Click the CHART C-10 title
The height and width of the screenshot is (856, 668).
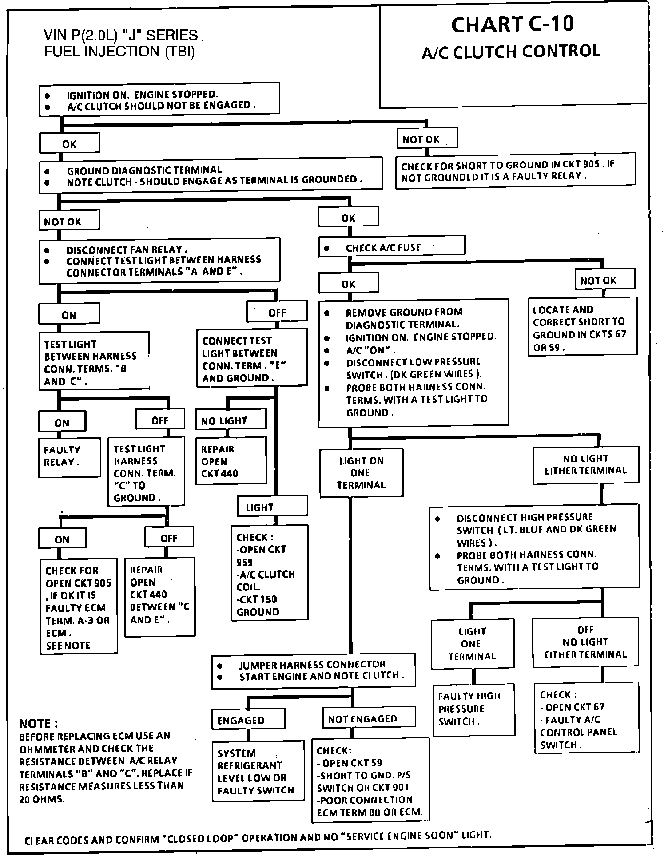click(513, 24)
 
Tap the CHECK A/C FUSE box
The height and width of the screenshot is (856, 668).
click(391, 247)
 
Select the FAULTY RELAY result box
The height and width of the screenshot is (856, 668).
click(70, 457)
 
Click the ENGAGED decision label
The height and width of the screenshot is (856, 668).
click(248, 720)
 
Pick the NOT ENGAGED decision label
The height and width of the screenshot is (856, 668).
click(369, 719)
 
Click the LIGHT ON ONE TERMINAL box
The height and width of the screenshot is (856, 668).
click(361, 473)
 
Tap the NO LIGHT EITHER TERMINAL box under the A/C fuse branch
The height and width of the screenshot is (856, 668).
click(585, 465)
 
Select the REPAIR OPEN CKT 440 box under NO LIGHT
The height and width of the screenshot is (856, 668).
click(231, 461)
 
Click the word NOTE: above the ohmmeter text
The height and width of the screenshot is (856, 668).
click(39, 724)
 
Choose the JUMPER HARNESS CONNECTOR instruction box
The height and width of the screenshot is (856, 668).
click(313, 670)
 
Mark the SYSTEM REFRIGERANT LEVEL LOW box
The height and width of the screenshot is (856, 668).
click(258, 772)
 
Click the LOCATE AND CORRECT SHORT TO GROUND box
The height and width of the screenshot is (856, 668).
click(582, 327)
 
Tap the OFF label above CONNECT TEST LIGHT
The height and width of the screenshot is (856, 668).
click(277, 312)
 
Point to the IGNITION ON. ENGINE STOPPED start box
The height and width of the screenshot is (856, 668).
click(159, 99)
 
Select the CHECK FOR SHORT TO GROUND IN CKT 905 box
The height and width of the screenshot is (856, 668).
click(515, 171)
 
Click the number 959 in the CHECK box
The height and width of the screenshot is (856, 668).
click(245, 562)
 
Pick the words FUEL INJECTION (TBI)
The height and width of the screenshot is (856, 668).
click(119, 52)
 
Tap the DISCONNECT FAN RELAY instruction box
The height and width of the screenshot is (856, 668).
click(159, 261)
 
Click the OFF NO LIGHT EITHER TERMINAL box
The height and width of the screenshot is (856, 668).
click(585, 642)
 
